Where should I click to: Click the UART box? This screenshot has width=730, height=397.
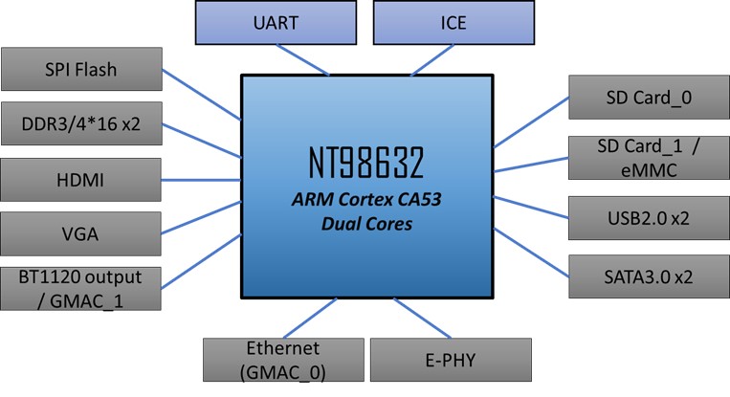[271, 22]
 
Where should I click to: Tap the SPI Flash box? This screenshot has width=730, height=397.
[80, 70]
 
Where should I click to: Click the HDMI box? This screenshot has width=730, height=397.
[80, 178]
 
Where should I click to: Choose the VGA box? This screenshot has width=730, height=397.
[80, 232]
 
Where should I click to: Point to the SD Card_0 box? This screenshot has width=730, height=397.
[648, 98]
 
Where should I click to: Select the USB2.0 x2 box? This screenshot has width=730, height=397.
[648, 218]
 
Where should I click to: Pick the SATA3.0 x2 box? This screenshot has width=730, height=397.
[648, 277]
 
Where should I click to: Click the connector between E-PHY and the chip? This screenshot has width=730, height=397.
[413, 318]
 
